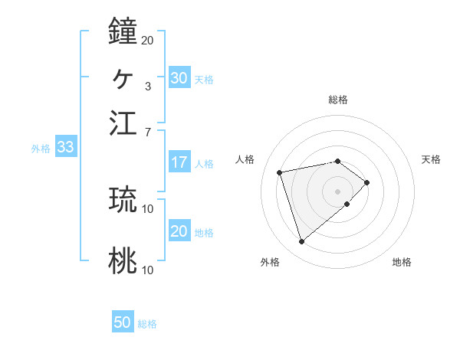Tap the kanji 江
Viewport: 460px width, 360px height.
click(123, 123)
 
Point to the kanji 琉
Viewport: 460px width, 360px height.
click(123, 199)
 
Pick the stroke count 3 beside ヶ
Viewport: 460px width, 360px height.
click(147, 86)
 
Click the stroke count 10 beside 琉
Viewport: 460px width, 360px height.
click(148, 208)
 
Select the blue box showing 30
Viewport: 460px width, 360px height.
click(179, 78)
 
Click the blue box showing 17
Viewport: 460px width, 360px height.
click(179, 162)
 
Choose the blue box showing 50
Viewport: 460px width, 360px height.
click(123, 322)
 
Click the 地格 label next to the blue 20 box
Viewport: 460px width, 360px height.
click(204, 233)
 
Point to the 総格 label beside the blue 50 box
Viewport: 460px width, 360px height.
click(147, 324)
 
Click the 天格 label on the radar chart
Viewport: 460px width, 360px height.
click(431, 159)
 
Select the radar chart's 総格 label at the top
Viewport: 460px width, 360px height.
click(338, 100)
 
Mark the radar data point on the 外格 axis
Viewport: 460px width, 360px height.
click(301, 242)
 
